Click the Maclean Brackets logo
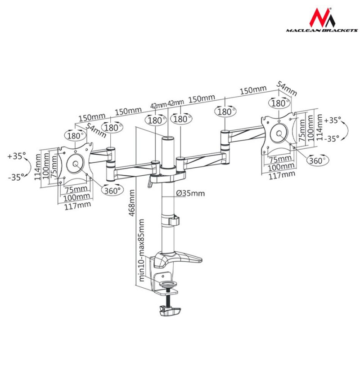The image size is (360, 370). point(322,20)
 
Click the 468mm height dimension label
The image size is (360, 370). point(132,203)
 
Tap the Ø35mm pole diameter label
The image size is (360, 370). point(190,193)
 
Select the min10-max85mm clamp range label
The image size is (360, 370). point(141,250)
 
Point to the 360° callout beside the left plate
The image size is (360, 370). point(112,190)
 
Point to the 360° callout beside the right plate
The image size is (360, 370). point(318,160)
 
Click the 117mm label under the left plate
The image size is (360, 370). point(77,205)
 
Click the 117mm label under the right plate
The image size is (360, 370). point(282,175)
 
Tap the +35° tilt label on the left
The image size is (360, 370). point(16,156)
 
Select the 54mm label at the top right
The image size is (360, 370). point(287,88)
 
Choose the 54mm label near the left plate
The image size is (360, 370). point(96,130)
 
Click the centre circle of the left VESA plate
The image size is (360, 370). point(75,164)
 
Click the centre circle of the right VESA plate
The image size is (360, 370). point(279,134)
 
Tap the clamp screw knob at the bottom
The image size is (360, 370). point(170,311)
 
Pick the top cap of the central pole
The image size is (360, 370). point(168,138)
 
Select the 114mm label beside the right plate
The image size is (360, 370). point(319,127)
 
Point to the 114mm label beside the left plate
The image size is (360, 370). point(38,166)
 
